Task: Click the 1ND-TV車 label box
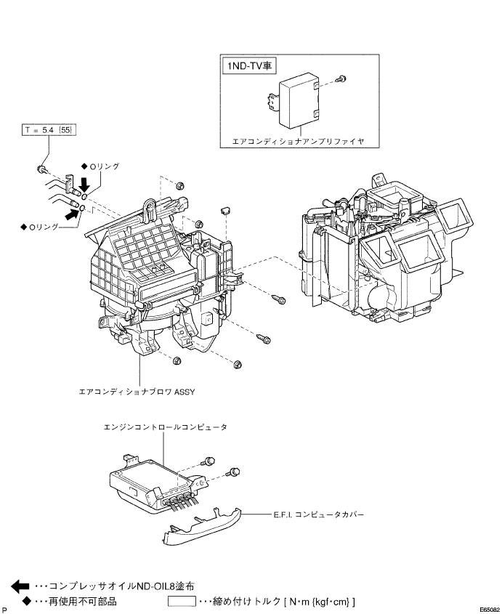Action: pyautogui.click(x=248, y=65)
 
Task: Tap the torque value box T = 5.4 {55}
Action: pyautogui.click(x=49, y=130)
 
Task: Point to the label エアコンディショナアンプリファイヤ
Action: pyautogui.click(x=299, y=142)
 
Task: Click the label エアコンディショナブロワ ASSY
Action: pyautogui.click(x=137, y=392)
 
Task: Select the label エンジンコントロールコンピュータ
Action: pyautogui.click(x=165, y=427)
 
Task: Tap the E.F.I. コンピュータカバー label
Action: pyautogui.click(x=318, y=514)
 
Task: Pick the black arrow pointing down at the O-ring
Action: pyautogui.click(x=84, y=183)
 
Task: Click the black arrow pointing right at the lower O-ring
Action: pyautogui.click(x=72, y=214)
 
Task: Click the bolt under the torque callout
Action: pyautogui.click(x=41, y=169)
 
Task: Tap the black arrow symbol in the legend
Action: pyautogui.click(x=20, y=586)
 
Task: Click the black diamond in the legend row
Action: pyautogui.click(x=26, y=601)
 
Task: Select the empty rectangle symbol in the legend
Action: pyautogui.click(x=182, y=601)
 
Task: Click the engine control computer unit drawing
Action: pyautogui.click(x=157, y=485)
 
